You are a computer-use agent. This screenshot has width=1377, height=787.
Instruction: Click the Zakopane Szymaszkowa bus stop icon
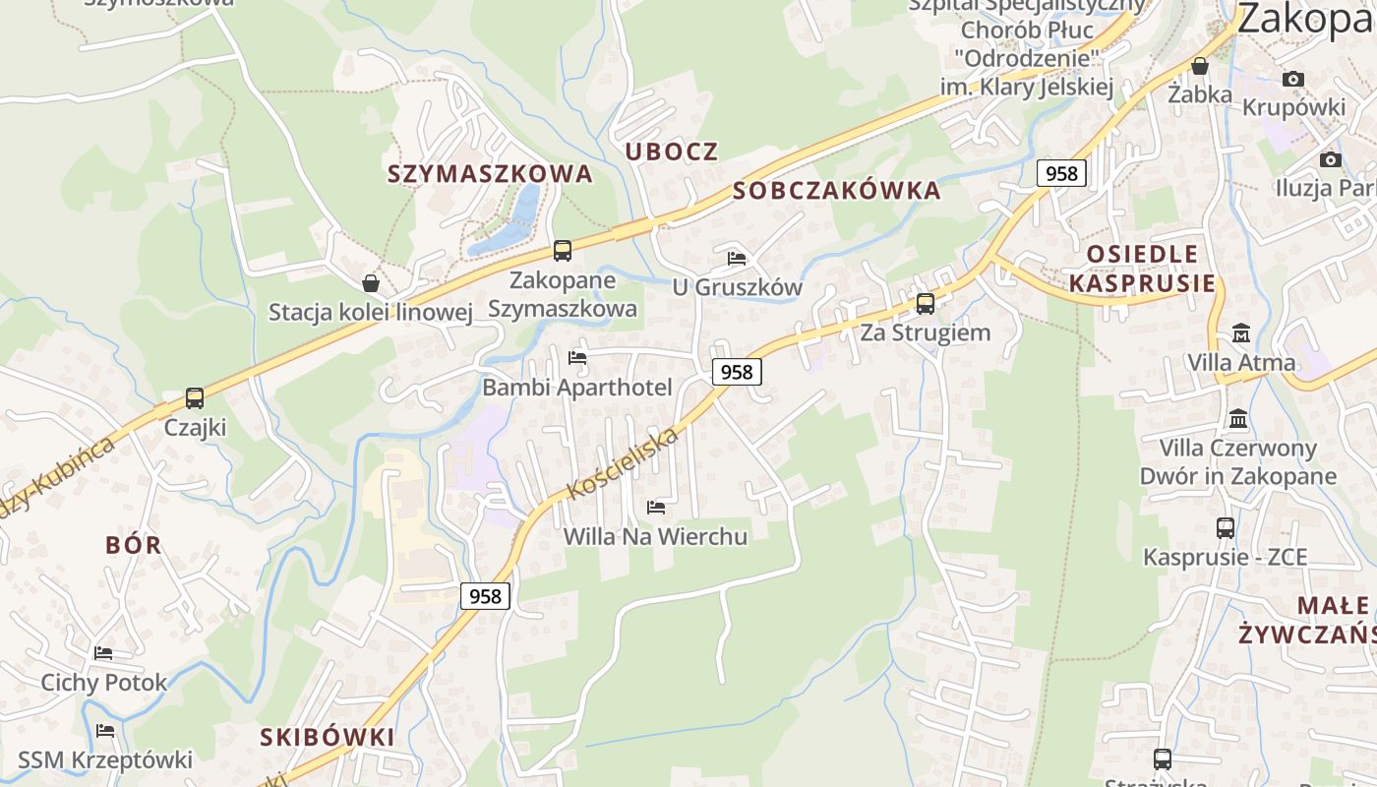(x=563, y=251)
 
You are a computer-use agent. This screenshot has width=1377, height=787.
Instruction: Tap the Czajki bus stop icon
(x=195, y=398)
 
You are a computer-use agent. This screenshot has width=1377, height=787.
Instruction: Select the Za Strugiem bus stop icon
(x=925, y=304)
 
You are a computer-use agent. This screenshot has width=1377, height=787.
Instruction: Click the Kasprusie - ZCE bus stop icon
(x=1226, y=528)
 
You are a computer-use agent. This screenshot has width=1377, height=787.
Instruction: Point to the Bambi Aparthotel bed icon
(x=577, y=358)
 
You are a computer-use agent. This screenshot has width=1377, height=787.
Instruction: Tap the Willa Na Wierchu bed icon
(x=656, y=508)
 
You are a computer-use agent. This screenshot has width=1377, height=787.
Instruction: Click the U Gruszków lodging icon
(x=737, y=259)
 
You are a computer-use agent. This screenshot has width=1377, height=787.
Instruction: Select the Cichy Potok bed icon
(x=103, y=653)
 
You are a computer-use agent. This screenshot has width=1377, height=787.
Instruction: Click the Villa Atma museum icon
(x=1240, y=333)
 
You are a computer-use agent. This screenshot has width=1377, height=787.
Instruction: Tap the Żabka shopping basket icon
(x=1200, y=66)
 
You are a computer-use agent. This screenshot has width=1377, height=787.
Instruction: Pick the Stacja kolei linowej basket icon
(x=371, y=283)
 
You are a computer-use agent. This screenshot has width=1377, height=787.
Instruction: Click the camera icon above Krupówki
(x=1293, y=79)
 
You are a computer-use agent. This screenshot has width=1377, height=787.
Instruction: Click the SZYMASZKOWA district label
(x=490, y=174)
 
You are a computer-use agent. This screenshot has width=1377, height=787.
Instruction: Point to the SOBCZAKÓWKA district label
(x=836, y=191)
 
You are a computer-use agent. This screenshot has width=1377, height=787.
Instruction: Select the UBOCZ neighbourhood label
(x=672, y=151)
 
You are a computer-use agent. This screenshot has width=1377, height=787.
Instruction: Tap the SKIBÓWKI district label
(x=328, y=737)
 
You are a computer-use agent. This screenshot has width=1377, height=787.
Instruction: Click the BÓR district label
(x=134, y=545)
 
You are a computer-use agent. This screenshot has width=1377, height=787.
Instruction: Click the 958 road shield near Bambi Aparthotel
(x=736, y=372)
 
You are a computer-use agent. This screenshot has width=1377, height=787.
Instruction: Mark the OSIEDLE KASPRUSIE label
(x=1142, y=269)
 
